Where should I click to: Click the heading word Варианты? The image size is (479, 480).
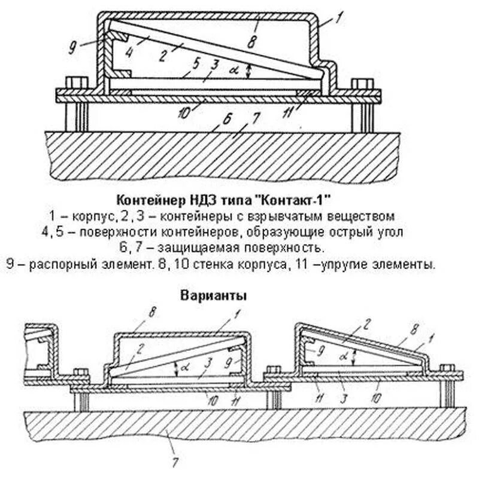point(213,295)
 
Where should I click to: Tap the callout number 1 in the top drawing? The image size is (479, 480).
point(340,18)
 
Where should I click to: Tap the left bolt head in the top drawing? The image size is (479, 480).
point(76,82)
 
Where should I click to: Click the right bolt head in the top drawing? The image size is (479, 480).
point(359,82)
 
